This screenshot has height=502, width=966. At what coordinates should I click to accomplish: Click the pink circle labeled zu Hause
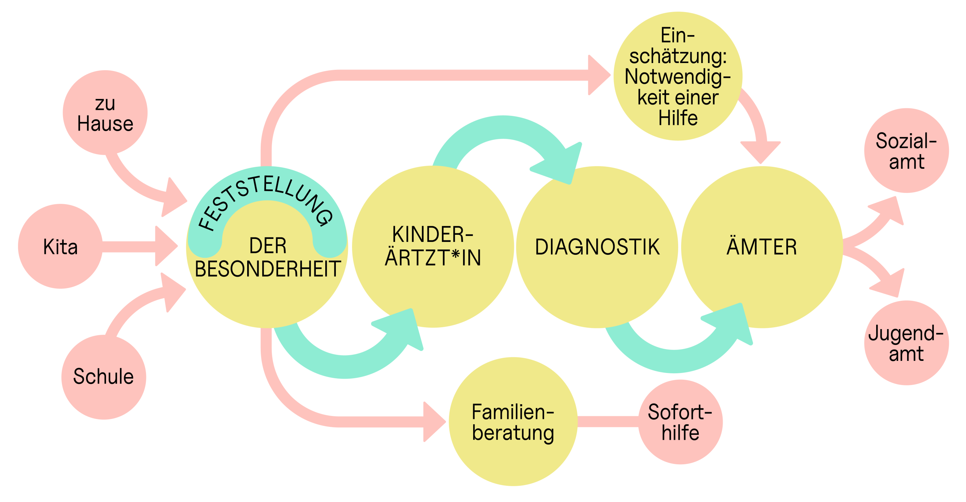(105, 112)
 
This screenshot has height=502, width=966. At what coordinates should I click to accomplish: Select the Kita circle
(60, 246)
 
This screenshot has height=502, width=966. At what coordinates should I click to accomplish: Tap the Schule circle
(104, 377)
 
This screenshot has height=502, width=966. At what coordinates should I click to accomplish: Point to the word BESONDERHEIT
(268, 269)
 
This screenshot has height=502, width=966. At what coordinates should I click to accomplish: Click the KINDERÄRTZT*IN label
(433, 246)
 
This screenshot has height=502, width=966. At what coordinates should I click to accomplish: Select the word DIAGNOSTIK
(597, 247)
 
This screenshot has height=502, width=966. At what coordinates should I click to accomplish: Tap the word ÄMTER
(761, 247)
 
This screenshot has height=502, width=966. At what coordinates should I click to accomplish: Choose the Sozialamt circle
(906, 151)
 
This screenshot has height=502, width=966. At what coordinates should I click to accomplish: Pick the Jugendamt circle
(906, 343)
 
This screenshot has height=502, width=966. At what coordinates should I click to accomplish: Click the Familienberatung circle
(513, 422)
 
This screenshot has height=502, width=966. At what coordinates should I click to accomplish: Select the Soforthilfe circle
(680, 422)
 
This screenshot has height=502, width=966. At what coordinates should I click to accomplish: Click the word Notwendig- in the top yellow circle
(678, 77)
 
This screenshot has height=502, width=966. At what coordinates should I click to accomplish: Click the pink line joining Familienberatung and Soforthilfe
(608, 422)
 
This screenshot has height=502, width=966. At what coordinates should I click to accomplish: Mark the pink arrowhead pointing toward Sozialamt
(889, 211)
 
